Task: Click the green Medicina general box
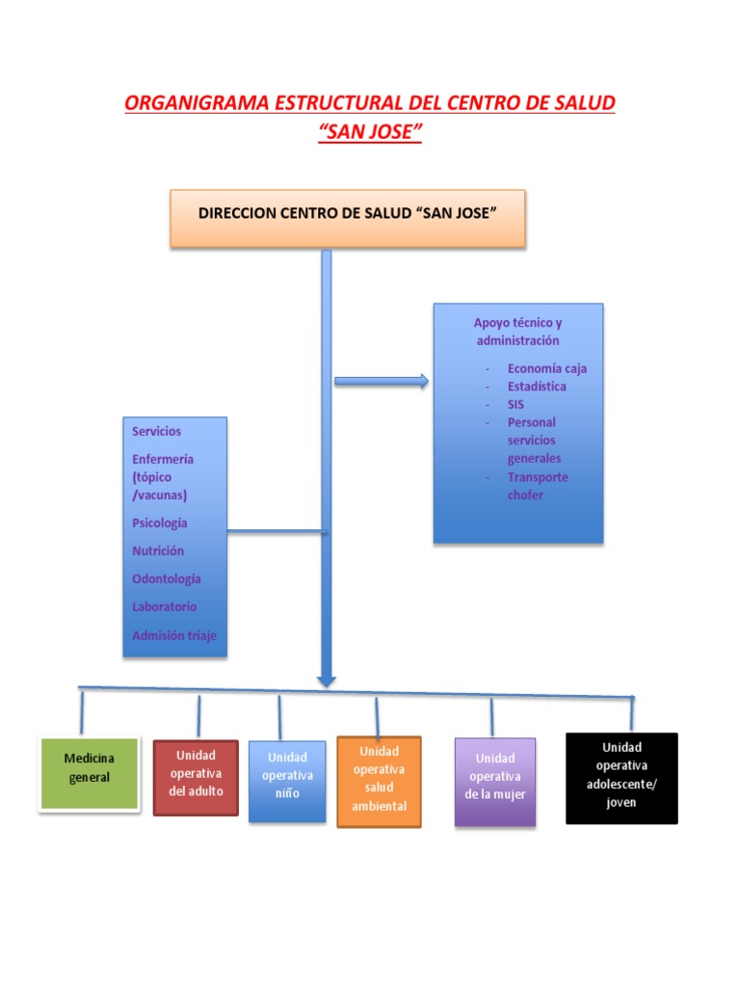tap(88, 773)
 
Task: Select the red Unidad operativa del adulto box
tap(196, 776)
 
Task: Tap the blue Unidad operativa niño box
tap(287, 781)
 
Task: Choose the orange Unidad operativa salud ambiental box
tap(380, 782)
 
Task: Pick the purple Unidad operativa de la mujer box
tap(495, 781)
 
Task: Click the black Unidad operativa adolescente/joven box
tap(621, 778)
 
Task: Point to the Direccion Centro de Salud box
tap(348, 218)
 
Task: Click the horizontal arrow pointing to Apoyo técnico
tap(382, 382)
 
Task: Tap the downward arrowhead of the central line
tap(327, 680)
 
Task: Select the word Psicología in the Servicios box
tap(160, 523)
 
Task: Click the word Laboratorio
tap(165, 607)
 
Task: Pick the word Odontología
tap(167, 579)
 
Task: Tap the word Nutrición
tap(158, 551)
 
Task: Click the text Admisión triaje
tap(174, 635)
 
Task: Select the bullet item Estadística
tap(537, 387)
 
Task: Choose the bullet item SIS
tap(515, 405)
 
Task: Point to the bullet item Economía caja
tap(546, 368)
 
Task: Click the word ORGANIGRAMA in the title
tap(198, 103)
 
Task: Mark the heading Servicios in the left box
tap(156, 431)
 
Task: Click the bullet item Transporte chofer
tap(538, 486)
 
